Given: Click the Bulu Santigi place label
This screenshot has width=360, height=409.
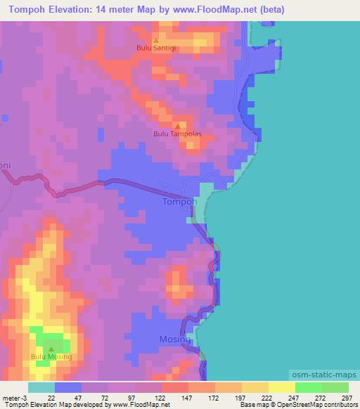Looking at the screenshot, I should tap(155, 48).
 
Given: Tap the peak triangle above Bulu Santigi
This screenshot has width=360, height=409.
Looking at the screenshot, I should tap(155, 41).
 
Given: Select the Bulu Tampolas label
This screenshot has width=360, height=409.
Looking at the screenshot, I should tap(177, 134).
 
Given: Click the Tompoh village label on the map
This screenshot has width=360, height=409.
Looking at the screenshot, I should tap(179, 201).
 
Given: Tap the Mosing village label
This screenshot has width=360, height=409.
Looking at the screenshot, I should tap(176, 339).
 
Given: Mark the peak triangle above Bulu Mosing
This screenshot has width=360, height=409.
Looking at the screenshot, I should tap(51, 349).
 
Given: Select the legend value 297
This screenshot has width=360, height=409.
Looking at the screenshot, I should tap(347, 397).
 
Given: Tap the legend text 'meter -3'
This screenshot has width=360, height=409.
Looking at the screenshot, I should tap(13, 397).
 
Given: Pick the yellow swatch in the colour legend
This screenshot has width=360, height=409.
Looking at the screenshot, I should tap(281, 387).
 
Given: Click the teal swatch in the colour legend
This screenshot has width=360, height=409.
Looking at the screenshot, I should tap(41, 387).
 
